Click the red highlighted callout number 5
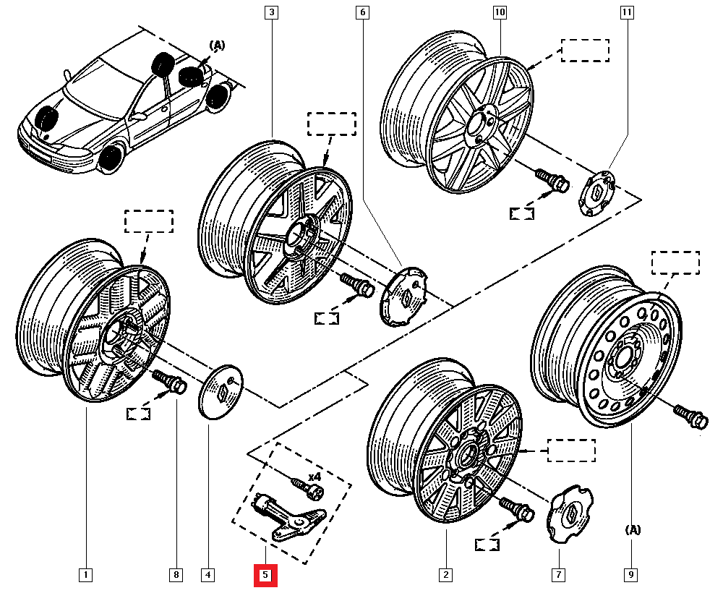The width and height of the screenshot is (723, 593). (265, 576)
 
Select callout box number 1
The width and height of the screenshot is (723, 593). (85, 576)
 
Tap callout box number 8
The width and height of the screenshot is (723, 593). (176, 576)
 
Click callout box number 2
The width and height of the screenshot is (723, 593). (445, 576)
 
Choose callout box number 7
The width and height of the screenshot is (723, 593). (559, 576)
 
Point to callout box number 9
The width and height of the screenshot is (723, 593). (631, 576)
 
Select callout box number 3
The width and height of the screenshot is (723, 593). (271, 12)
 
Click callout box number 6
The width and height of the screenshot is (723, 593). (362, 12)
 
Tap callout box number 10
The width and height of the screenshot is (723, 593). (500, 12)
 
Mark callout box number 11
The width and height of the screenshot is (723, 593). (626, 12)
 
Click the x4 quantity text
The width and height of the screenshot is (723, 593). (315, 477)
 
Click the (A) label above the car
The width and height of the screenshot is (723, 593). (217, 46)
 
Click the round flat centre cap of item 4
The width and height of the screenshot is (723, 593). (220, 391)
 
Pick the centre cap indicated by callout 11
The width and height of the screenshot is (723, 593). (598, 192)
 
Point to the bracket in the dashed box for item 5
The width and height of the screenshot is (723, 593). (288, 516)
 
